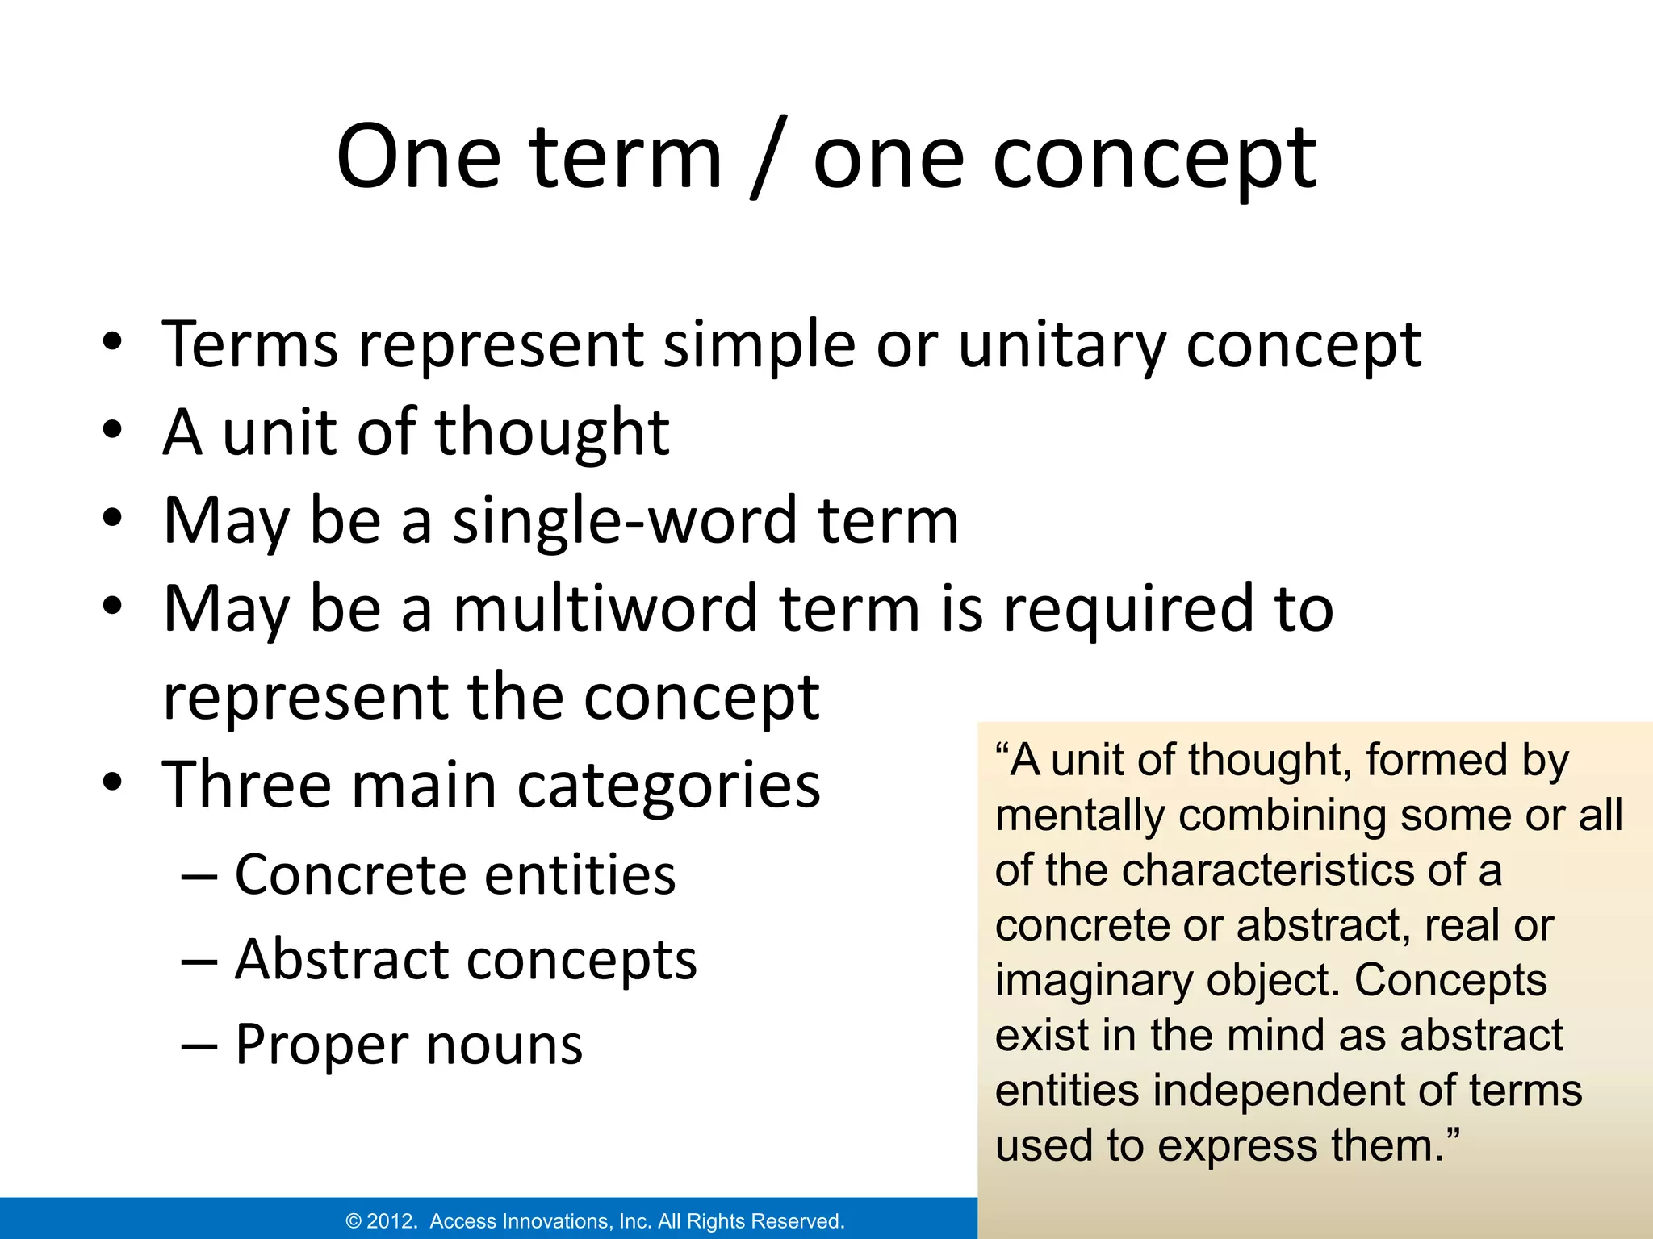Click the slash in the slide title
coord(767,160)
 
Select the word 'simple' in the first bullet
coord(759,345)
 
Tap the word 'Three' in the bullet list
coord(247,785)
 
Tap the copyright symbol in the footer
coord(354,1221)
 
